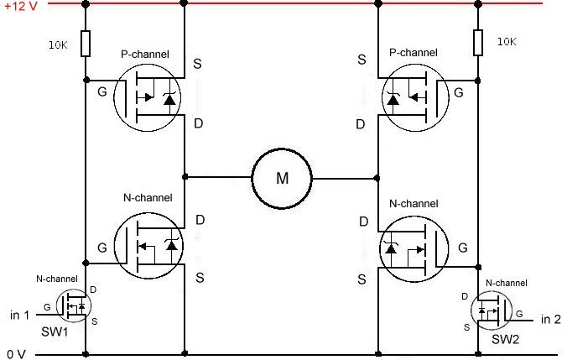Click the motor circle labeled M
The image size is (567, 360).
tap(281, 178)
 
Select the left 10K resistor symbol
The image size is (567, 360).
tap(86, 44)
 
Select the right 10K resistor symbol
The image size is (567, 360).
tap(478, 42)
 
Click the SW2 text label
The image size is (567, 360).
tap(506, 339)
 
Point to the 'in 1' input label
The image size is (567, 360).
tap(20, 315)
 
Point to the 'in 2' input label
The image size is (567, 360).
tap(550, 319)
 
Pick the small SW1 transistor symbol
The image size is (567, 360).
tap(73, 305)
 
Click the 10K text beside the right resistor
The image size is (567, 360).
tap(507, 41)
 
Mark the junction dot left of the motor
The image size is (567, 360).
tap(185, 178)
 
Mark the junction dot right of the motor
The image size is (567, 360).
tap(377, 178)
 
